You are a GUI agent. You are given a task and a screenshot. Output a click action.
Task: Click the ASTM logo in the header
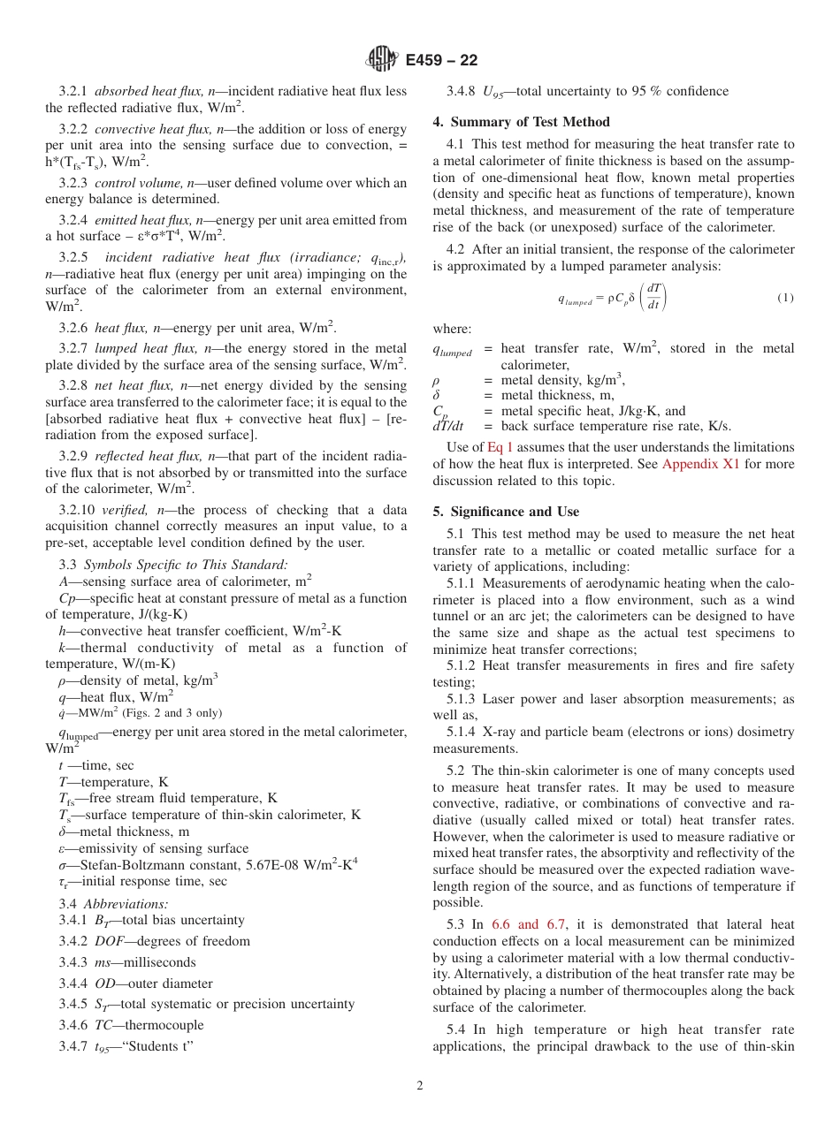[x=383, y=59]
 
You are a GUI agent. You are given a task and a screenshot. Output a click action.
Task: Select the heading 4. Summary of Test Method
[x=521, y=122]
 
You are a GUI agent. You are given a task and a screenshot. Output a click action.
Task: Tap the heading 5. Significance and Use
[x=506, y=512]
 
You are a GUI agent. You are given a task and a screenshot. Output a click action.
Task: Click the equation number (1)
[x=785, y=298]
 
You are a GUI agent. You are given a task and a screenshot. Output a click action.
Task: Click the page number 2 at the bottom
[x=420, y=1086]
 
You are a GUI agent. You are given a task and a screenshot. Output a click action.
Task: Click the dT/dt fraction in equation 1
[x=653, y=297]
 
